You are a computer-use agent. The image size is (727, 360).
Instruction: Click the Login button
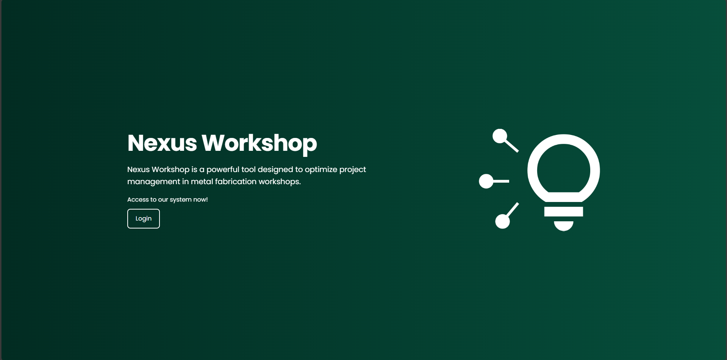coord(143,219)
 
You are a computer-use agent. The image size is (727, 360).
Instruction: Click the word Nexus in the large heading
coord(162,143)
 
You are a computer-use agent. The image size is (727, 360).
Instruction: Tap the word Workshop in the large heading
coord(259,143)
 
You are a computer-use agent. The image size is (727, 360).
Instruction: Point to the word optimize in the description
coord(321,169)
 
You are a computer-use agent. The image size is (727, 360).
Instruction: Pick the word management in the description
coord(153,182)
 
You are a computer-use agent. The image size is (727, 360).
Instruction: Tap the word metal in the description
coord(202,182)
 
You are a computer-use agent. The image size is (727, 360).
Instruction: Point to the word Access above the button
coord(138,200)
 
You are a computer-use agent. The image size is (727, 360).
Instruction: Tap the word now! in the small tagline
coord(200,200)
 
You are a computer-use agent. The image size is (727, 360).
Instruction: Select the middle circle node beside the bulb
coord(486,182)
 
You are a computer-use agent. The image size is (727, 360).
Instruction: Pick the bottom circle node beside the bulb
coord(502,221)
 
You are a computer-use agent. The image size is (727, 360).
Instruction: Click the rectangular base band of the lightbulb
coord(563,212)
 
